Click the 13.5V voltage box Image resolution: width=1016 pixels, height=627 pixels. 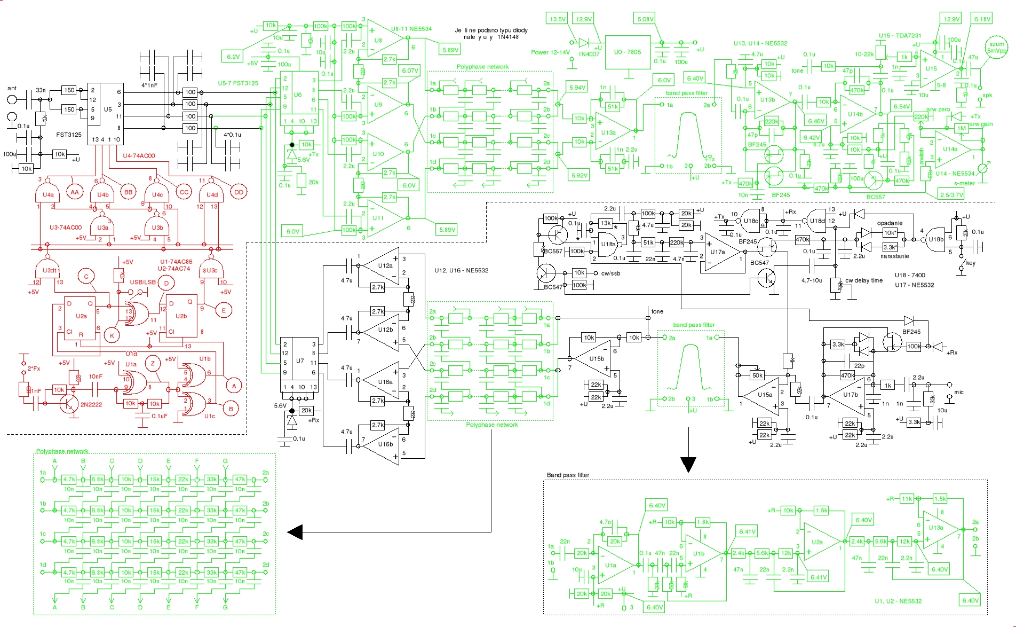coord(557,19)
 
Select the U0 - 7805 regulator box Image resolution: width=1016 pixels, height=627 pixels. coord(628,52)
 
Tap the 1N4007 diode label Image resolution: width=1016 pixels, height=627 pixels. coord(589,54)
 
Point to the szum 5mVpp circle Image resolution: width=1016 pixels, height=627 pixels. coord(996,48)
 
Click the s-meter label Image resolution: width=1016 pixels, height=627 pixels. coord(964,183)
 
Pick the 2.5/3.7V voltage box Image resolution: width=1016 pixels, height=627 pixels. coord(952,195)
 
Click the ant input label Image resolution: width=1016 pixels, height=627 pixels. coord(12,89)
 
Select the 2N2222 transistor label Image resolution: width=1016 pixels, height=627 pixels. coord(91,404)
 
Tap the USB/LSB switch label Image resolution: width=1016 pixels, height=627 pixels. coord(142,282)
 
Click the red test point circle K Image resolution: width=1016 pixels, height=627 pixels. coord(112,335)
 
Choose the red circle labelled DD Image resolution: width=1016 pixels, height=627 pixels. coord(239,192)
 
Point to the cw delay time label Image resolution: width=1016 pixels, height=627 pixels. coord(864,280)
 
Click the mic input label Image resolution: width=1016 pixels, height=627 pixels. coord(959,392)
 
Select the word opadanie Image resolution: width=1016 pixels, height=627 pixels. coord(890,223)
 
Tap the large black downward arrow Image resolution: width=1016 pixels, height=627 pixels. coord(688,464)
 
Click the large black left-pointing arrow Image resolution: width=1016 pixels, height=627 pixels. coord(295,532)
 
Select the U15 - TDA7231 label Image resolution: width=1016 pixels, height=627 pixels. coord(900,36)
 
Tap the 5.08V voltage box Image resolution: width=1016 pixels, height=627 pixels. coord(645,19)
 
